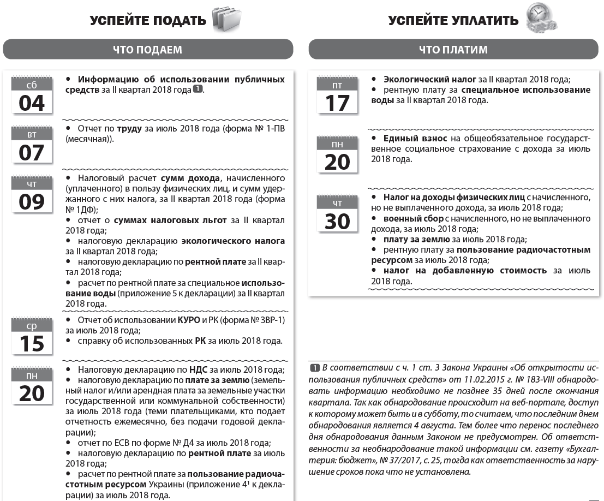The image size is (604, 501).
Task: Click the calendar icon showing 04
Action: click(x=32, y=96)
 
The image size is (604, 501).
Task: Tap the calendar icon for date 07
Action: click(x=32, y=145)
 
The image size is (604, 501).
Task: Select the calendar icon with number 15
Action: click(x=32, y=336)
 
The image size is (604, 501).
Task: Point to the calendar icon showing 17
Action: click(x=337, y=96)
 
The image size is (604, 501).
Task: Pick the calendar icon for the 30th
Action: click(x=337, y=213)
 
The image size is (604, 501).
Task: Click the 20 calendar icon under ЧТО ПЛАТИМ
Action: click(x=337, y=154)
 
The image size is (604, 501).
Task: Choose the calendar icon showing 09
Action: click(x=32, y=194)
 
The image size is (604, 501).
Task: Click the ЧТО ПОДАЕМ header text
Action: click(x=147, y=50)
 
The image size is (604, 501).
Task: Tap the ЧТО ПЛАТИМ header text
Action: click(x=453, y=50)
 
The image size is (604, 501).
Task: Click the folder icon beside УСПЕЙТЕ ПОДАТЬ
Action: click(x=226, y=19)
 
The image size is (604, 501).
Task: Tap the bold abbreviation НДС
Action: click(x=198, y=369)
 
